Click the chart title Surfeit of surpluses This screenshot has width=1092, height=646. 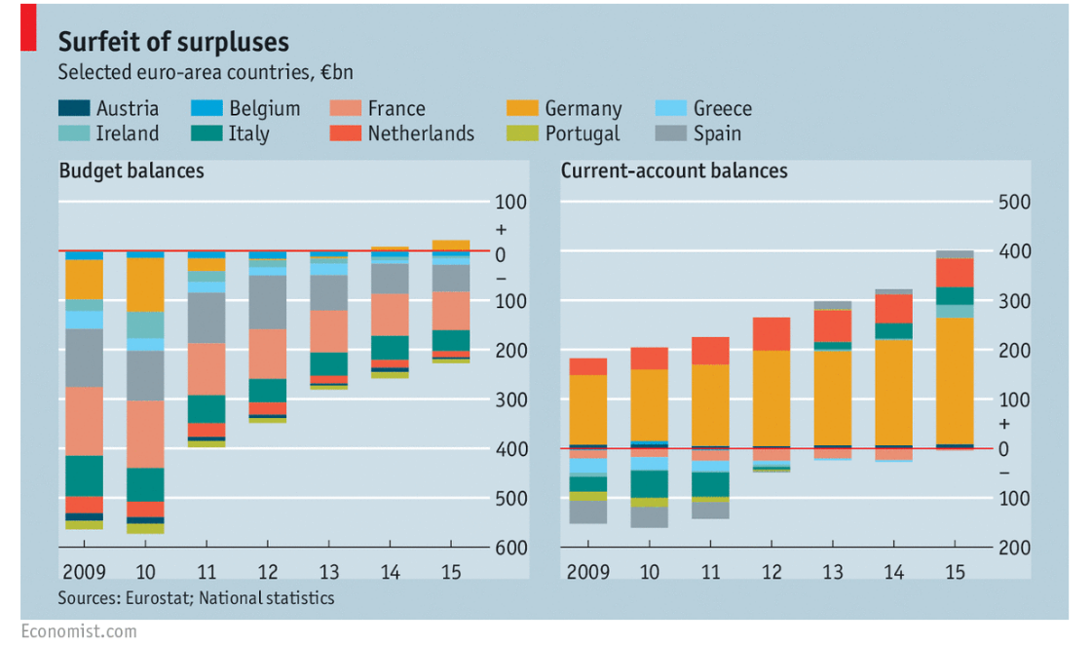pos(173,42)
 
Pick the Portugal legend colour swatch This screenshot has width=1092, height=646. pos(522,133)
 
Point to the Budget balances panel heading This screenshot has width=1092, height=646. pos(132,171)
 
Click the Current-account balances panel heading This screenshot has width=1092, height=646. pos(674,171)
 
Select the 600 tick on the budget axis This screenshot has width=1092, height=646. pos(511,548)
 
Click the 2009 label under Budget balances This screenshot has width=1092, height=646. pos(83,571)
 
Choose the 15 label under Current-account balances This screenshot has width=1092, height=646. pos(955,571)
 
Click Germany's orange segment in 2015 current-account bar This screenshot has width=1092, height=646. pos(955,380)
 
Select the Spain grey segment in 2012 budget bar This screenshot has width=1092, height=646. pos(267,302)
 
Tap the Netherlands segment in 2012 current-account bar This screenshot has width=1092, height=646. pos(772,333)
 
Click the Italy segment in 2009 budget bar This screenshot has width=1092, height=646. pos(84,475)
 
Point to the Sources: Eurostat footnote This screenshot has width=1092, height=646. pos(196,598)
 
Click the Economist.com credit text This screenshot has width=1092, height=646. pos(79,631)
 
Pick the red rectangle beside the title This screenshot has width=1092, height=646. pos(29,26)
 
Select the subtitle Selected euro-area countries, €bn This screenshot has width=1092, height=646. pos(204,73)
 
